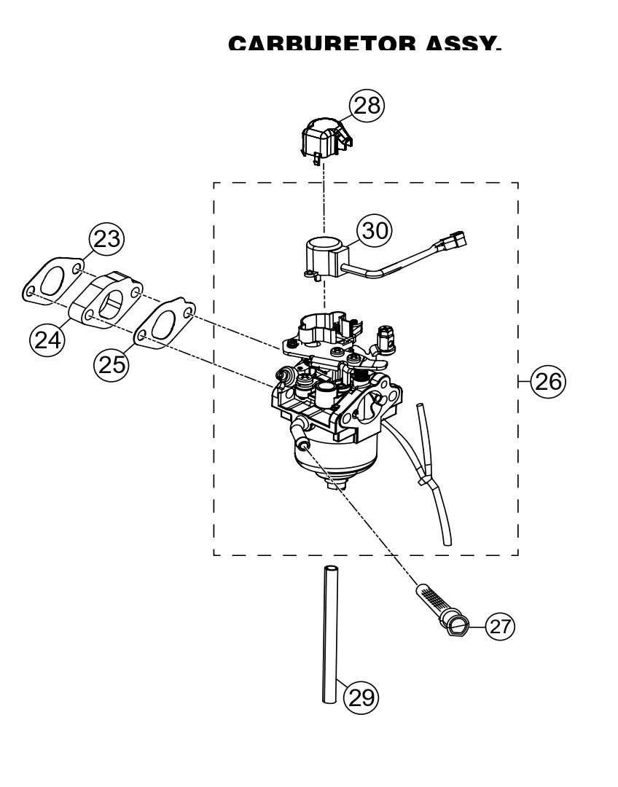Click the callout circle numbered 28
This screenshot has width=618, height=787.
(x=367, y=105)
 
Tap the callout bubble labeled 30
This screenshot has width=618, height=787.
(x=375, y=230)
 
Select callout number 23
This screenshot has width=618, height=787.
(x=106, y=239)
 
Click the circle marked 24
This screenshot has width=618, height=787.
(x=46, y=340)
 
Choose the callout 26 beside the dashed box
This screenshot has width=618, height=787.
(x=547, y=380)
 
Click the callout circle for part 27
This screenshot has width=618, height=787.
(x=499, y=625)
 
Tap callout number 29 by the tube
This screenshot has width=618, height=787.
(x=361, y=698)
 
